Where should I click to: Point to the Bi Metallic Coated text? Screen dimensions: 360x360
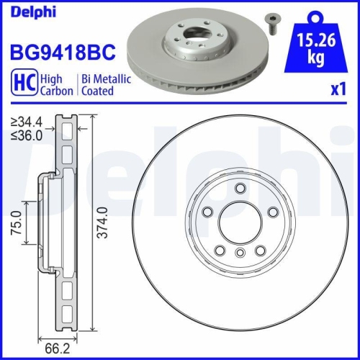(106, 84)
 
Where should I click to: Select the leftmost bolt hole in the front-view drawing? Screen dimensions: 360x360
(207, 212)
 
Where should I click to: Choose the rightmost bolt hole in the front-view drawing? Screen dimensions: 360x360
(273, 212)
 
